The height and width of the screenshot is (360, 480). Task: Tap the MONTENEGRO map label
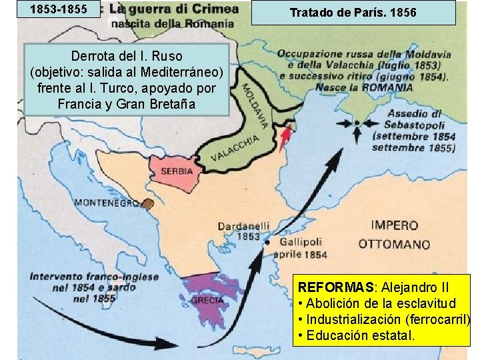[106, 202]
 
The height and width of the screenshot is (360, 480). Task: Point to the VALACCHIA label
[235, 149]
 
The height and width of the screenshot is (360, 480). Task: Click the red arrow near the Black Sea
[287, 137]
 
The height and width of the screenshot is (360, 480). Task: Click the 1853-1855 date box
[61, 9]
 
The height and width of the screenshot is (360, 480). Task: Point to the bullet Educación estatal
[360, 335]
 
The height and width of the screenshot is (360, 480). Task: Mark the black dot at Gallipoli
[267, 242]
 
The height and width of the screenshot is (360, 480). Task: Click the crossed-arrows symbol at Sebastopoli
[357, 123]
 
